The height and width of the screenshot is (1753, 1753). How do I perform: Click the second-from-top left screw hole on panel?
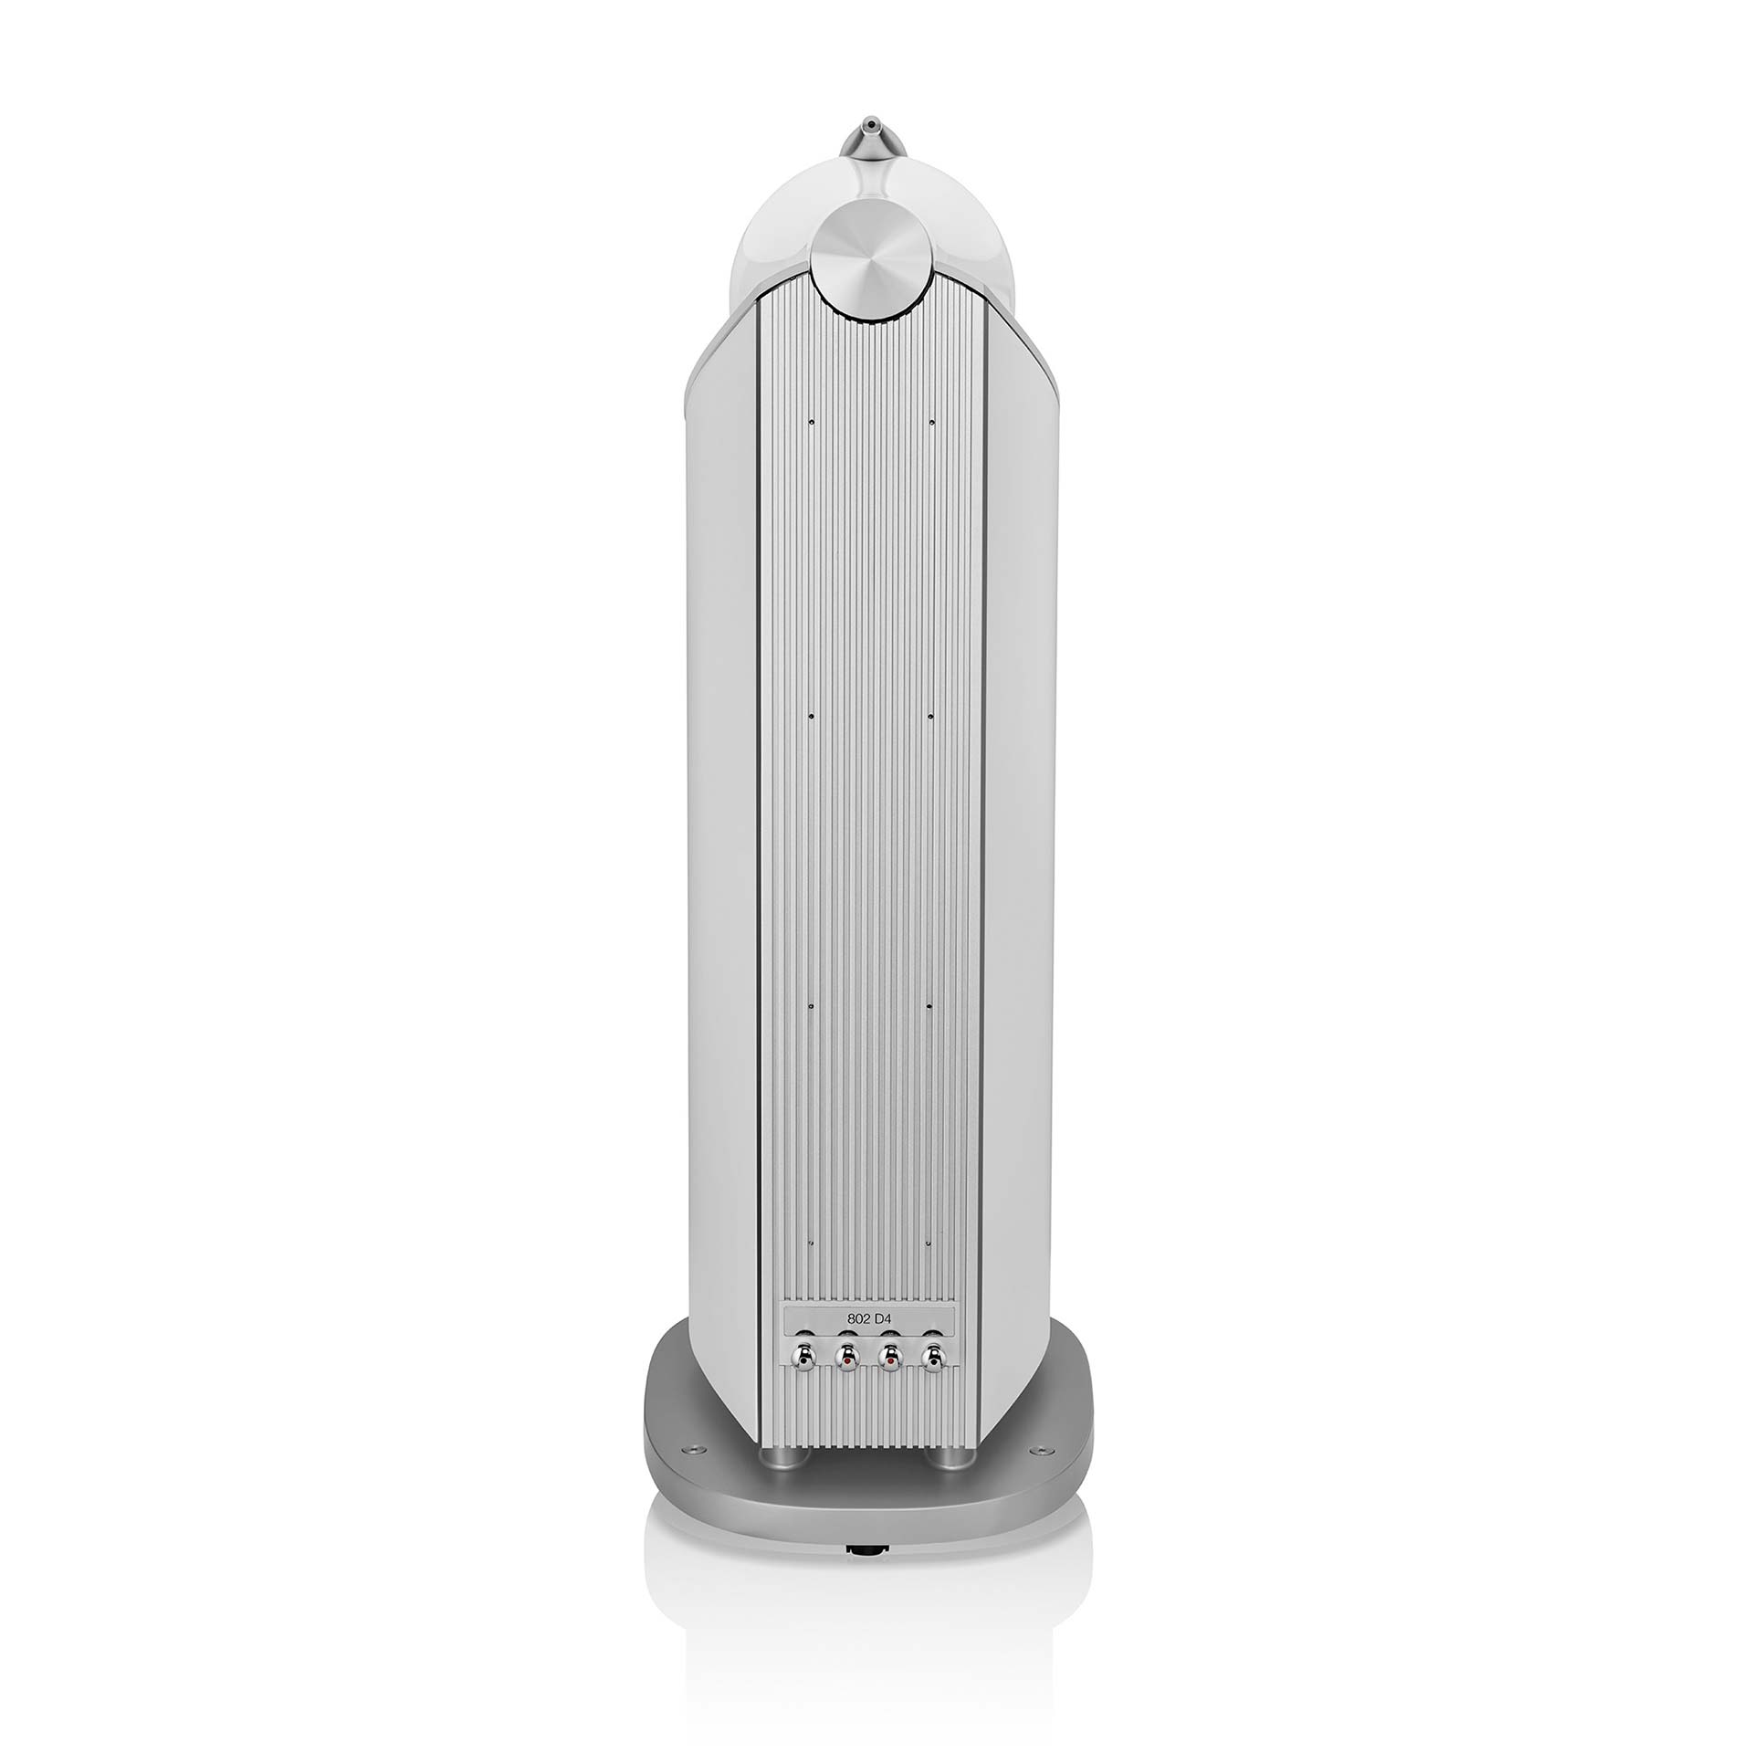coord(811,718)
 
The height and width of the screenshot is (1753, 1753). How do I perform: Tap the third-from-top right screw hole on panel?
coord(929,1005)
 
